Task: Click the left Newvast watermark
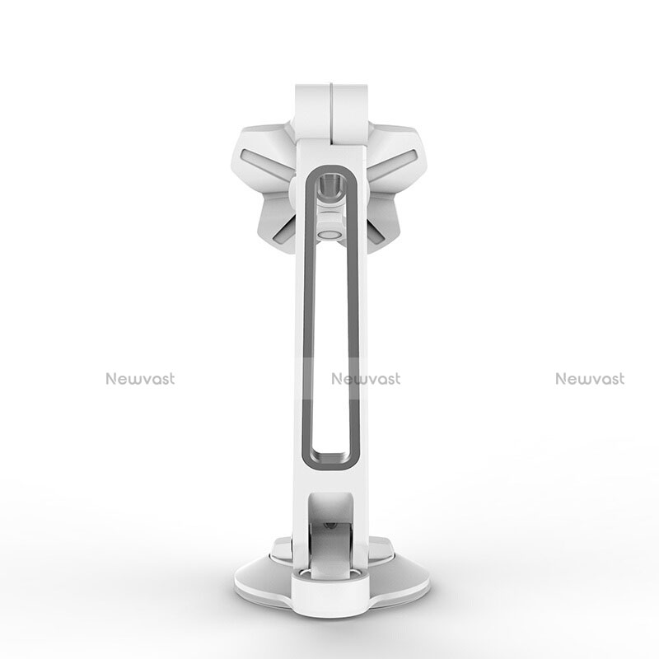pyautogui.click(x=139, y=379)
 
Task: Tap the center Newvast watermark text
pyautogui.click(x=366, y=379)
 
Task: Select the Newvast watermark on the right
pyautogui.click(x=590, y=379)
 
